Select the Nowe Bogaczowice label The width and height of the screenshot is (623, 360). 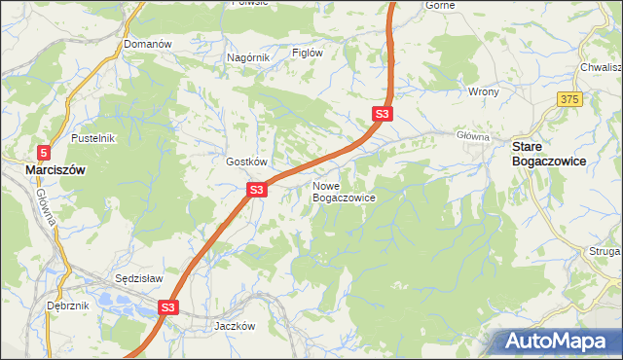344,191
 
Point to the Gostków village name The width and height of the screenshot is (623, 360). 246,162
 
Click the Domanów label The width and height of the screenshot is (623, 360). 148,45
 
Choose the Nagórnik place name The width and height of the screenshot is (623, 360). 247,57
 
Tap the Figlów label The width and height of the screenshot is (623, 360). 308,53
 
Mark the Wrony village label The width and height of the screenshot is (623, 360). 484,91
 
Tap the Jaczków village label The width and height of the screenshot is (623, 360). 235,326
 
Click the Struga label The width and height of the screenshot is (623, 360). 605,251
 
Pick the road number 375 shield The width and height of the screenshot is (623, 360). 569,99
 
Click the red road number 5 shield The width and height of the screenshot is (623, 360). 45,152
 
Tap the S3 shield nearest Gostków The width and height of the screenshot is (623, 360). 256,190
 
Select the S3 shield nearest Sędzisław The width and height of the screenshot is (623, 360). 168,307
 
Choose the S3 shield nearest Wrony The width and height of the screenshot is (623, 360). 383,115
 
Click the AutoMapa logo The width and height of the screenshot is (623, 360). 554,342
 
